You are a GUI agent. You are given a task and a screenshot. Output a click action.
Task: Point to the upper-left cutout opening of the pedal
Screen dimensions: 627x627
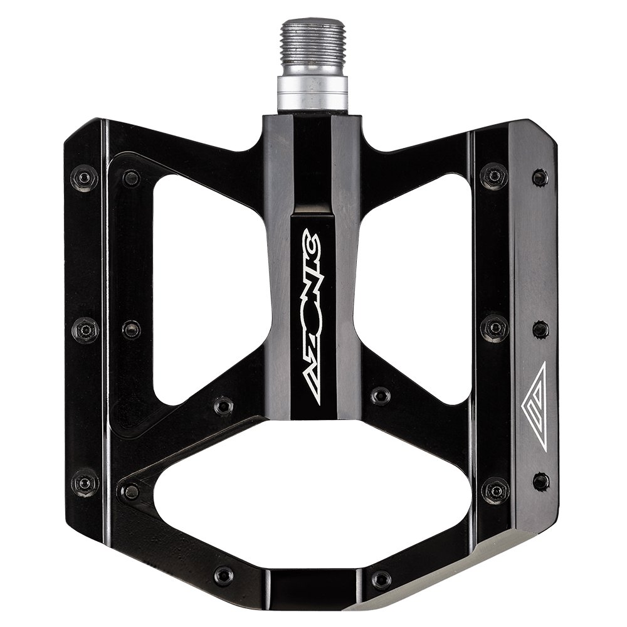[208, 288]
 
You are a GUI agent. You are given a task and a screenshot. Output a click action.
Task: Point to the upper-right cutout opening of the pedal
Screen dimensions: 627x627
[416, 288]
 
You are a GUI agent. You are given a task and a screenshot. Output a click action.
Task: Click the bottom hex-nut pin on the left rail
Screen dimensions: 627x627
[85, 483]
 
